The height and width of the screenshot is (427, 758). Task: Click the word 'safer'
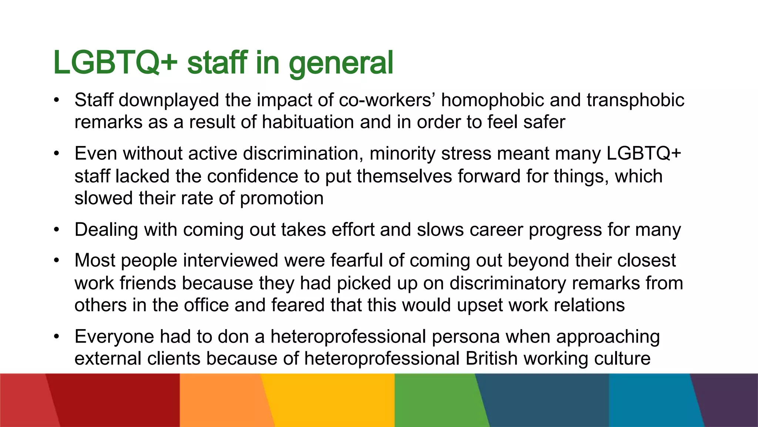point(544,122)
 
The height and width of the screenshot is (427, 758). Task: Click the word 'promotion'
point(282,198)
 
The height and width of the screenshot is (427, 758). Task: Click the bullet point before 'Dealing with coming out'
point(56,230)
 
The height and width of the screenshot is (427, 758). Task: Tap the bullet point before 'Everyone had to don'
point(56,337)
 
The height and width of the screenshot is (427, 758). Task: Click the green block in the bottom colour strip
point(437,400)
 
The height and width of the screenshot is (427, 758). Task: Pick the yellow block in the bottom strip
point(329,400)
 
